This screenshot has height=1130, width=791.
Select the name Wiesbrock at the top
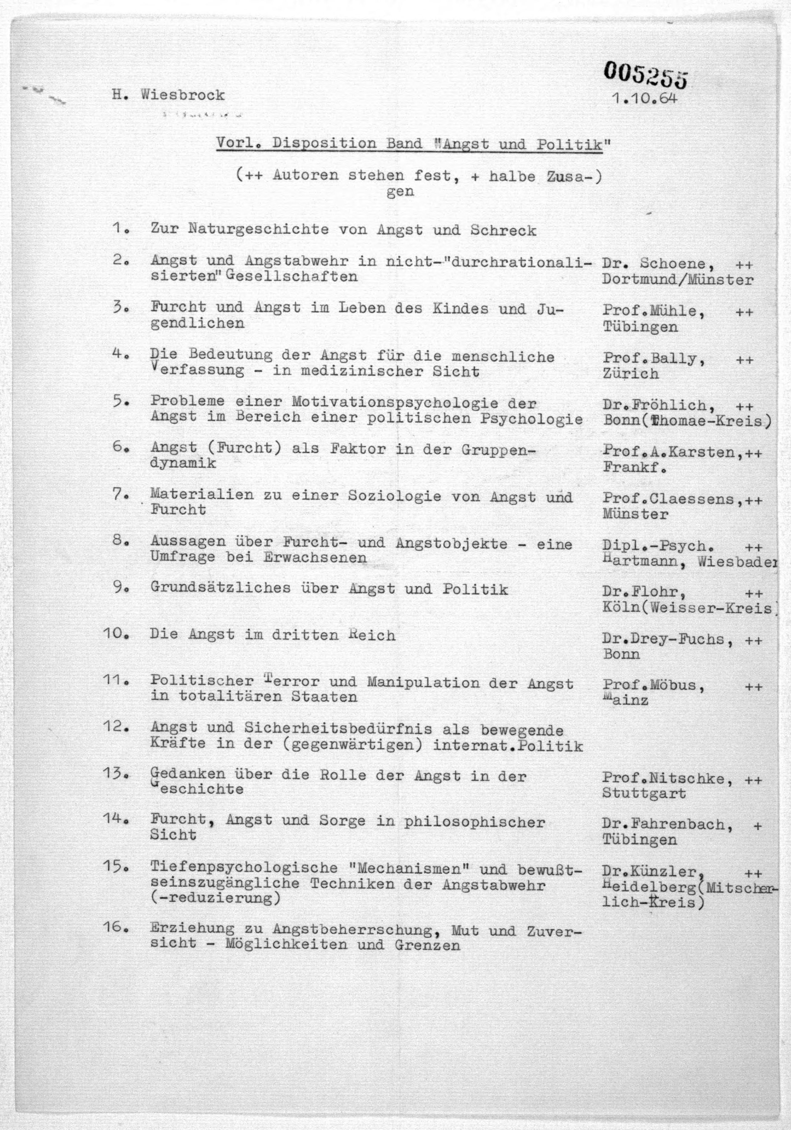tap(183, 95)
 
